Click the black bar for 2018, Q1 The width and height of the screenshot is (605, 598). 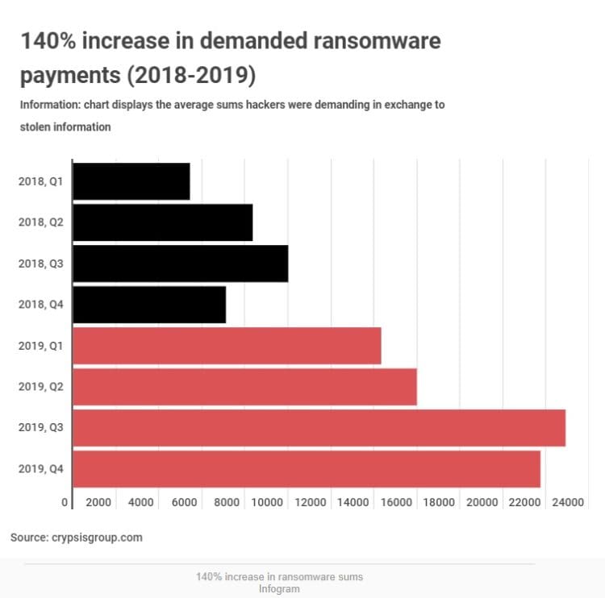click(x=131, y=181)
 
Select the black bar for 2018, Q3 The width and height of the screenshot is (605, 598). click(x=181, y=264)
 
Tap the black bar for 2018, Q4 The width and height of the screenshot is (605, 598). click(x=149, y=304)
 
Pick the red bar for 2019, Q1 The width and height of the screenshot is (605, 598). click(x=227, y=346)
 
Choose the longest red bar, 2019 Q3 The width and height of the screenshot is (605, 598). click(x=319, y=427)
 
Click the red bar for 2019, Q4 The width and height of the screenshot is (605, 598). click(x=307, y=468)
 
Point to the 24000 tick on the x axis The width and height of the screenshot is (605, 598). click(x=567, y=503)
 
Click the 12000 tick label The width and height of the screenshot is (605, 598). click(x=311, y=503)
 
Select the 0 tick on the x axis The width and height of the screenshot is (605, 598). click(x=65, y=503)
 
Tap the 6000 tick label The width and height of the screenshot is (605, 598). click(x=184, y=503)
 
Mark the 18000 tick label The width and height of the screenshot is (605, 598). click(x=439, y=503)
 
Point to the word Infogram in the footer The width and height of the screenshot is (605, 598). click(x=279, y=588)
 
